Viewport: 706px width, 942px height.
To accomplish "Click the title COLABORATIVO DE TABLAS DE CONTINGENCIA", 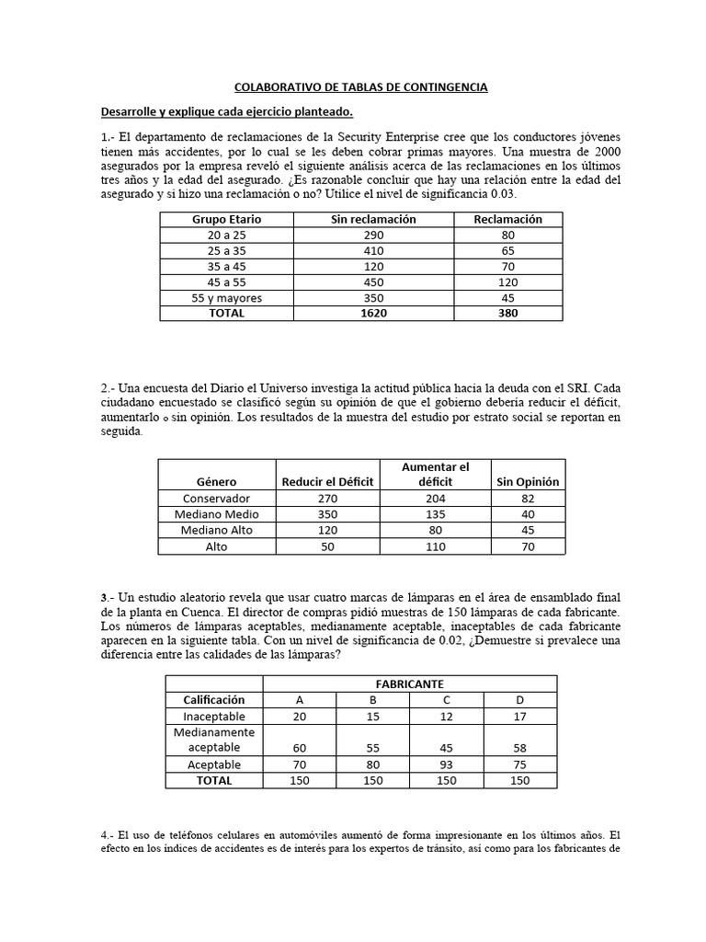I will coord(360,87).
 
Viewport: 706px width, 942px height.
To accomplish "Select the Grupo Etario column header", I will coord(226,220).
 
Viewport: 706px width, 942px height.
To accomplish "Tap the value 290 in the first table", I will coord(373,235).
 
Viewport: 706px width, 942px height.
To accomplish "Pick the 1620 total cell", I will coord(373,313).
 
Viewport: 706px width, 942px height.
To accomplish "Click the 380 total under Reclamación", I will coord(507,313).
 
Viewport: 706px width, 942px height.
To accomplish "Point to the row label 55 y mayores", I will coord(226,298).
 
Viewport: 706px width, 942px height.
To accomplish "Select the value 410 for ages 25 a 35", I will coord(373,251).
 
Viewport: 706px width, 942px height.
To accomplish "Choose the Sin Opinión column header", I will coord(528,482).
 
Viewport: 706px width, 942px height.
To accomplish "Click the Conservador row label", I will coord(216,499).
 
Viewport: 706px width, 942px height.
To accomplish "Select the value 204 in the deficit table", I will coord(436,499).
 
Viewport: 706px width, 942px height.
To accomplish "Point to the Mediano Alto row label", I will coord(216,530).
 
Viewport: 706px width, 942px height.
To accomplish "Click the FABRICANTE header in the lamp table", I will coord(409,684).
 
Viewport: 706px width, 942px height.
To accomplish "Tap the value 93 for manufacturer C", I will coord(446,764).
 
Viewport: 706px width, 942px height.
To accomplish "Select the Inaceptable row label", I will coord(213,716).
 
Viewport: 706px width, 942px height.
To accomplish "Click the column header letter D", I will coord(519,700).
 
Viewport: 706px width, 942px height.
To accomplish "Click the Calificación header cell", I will coord(213,700).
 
